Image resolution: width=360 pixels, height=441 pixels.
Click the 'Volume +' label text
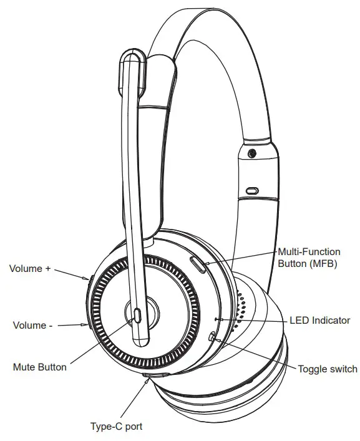point(29,269)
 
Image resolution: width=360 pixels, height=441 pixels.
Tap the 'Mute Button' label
point(39,367)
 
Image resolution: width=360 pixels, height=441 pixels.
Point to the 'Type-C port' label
point(117,427)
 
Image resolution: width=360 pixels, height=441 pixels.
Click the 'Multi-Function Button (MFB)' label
point(308,258)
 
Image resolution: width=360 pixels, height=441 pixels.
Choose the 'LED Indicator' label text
point(320,321)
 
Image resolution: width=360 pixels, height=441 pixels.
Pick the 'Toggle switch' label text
point(328,369)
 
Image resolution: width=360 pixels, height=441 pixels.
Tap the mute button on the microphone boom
point(137,315)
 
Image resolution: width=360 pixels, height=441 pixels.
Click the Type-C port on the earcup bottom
point(156,376)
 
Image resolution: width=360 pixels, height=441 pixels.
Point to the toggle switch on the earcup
point(214,337)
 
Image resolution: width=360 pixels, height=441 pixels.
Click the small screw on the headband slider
point(251,153)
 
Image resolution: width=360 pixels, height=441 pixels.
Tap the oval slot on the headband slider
point(252,190)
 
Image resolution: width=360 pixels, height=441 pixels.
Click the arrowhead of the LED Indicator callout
point(219,319)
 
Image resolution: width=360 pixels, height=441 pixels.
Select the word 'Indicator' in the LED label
point(331,321)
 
